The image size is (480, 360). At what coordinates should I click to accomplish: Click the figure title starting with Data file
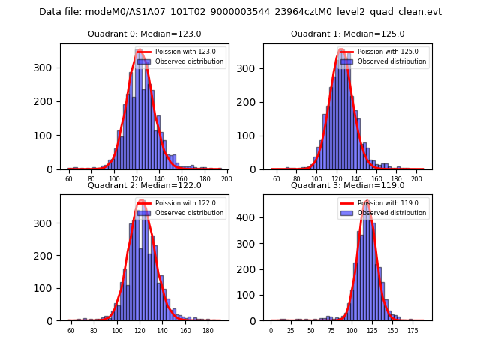click(240, 12)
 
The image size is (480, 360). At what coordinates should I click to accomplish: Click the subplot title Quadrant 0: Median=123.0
click(145, 34)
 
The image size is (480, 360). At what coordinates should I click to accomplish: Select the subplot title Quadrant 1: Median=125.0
click(347, 34)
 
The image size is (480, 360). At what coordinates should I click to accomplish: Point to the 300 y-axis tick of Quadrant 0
click(47, 68)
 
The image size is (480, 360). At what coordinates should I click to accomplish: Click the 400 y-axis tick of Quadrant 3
click(250, 217)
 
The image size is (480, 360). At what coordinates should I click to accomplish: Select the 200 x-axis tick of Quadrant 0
click(226, 179)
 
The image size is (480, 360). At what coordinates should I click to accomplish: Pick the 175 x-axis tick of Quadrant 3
click(412, 330)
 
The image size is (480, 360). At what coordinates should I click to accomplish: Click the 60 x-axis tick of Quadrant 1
click(276, 179)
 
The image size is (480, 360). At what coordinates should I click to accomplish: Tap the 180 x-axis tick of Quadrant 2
click(208, 330)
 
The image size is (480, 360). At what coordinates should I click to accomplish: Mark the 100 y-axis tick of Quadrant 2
click(47, 288)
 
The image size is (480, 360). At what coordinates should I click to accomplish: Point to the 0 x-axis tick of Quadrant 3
click(271, 330)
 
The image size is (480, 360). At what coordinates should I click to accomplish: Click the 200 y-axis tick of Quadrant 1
click(250, 101)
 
